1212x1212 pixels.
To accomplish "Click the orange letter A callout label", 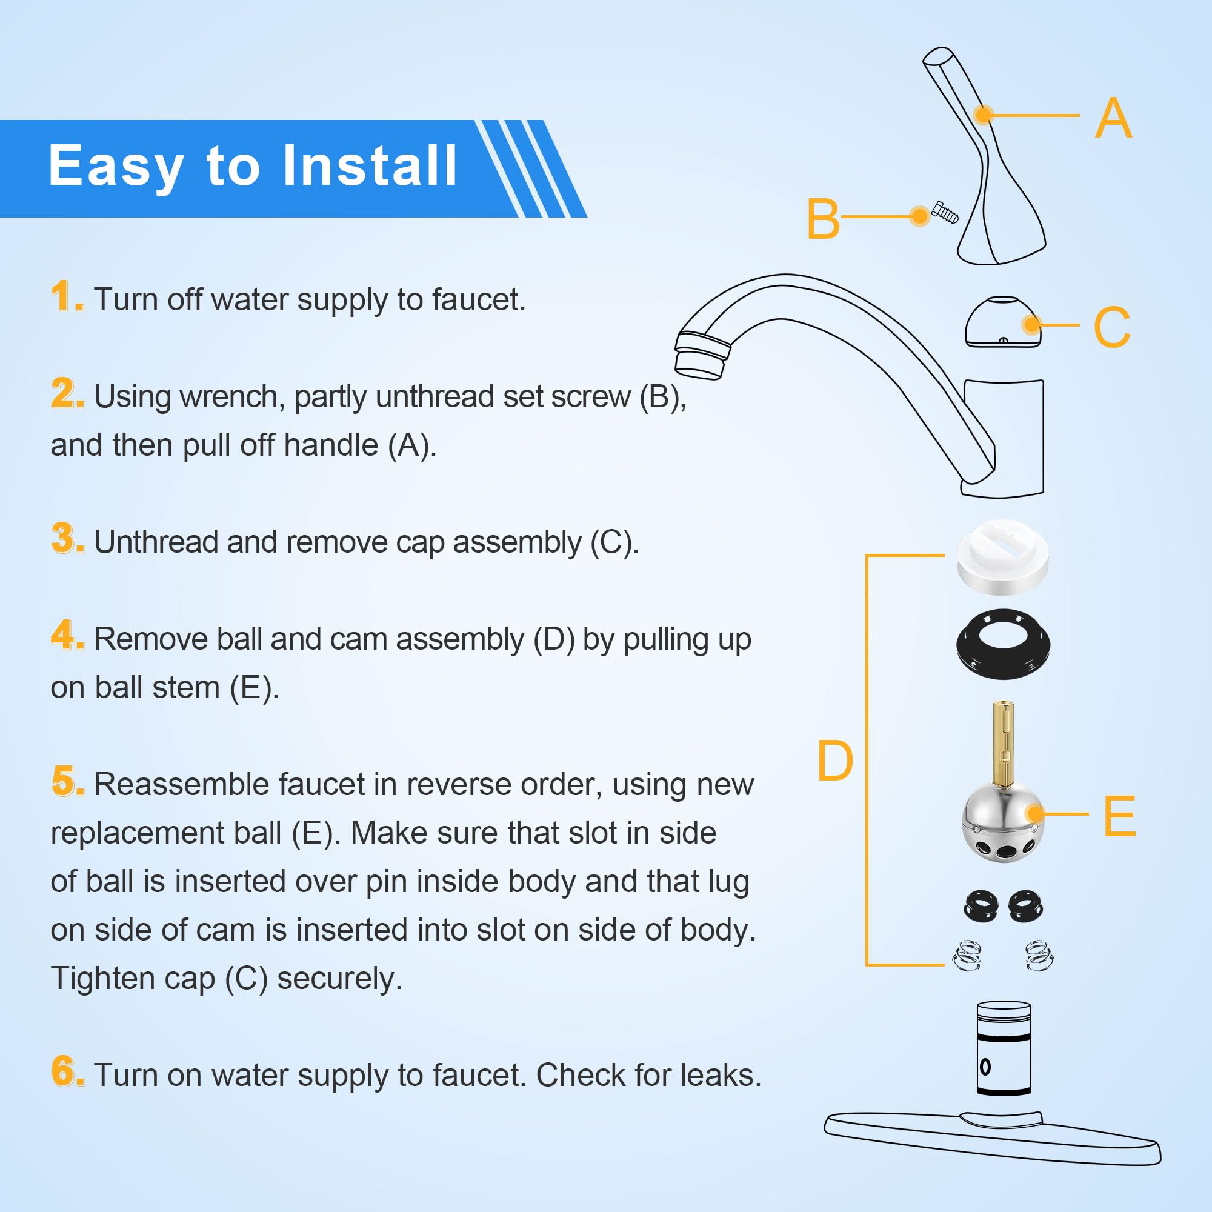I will point(1113,118).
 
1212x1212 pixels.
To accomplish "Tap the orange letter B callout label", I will point(822,219).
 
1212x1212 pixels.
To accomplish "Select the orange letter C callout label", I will point(1111,327).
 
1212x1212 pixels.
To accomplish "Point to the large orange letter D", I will point(834,761).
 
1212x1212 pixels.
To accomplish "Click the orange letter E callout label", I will point(1119,816).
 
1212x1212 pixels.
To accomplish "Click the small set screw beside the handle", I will point(945,213).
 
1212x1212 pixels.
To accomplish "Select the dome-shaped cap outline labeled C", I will point(1002,322).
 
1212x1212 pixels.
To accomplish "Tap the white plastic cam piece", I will point(1002,558).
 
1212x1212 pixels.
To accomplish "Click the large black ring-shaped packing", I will point(1002,644).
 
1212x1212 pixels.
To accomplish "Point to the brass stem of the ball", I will point(1003,743).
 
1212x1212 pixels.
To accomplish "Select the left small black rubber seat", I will point(981,907).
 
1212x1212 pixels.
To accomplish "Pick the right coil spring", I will point(1039,956).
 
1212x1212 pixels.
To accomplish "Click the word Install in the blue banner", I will point(370,165).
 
